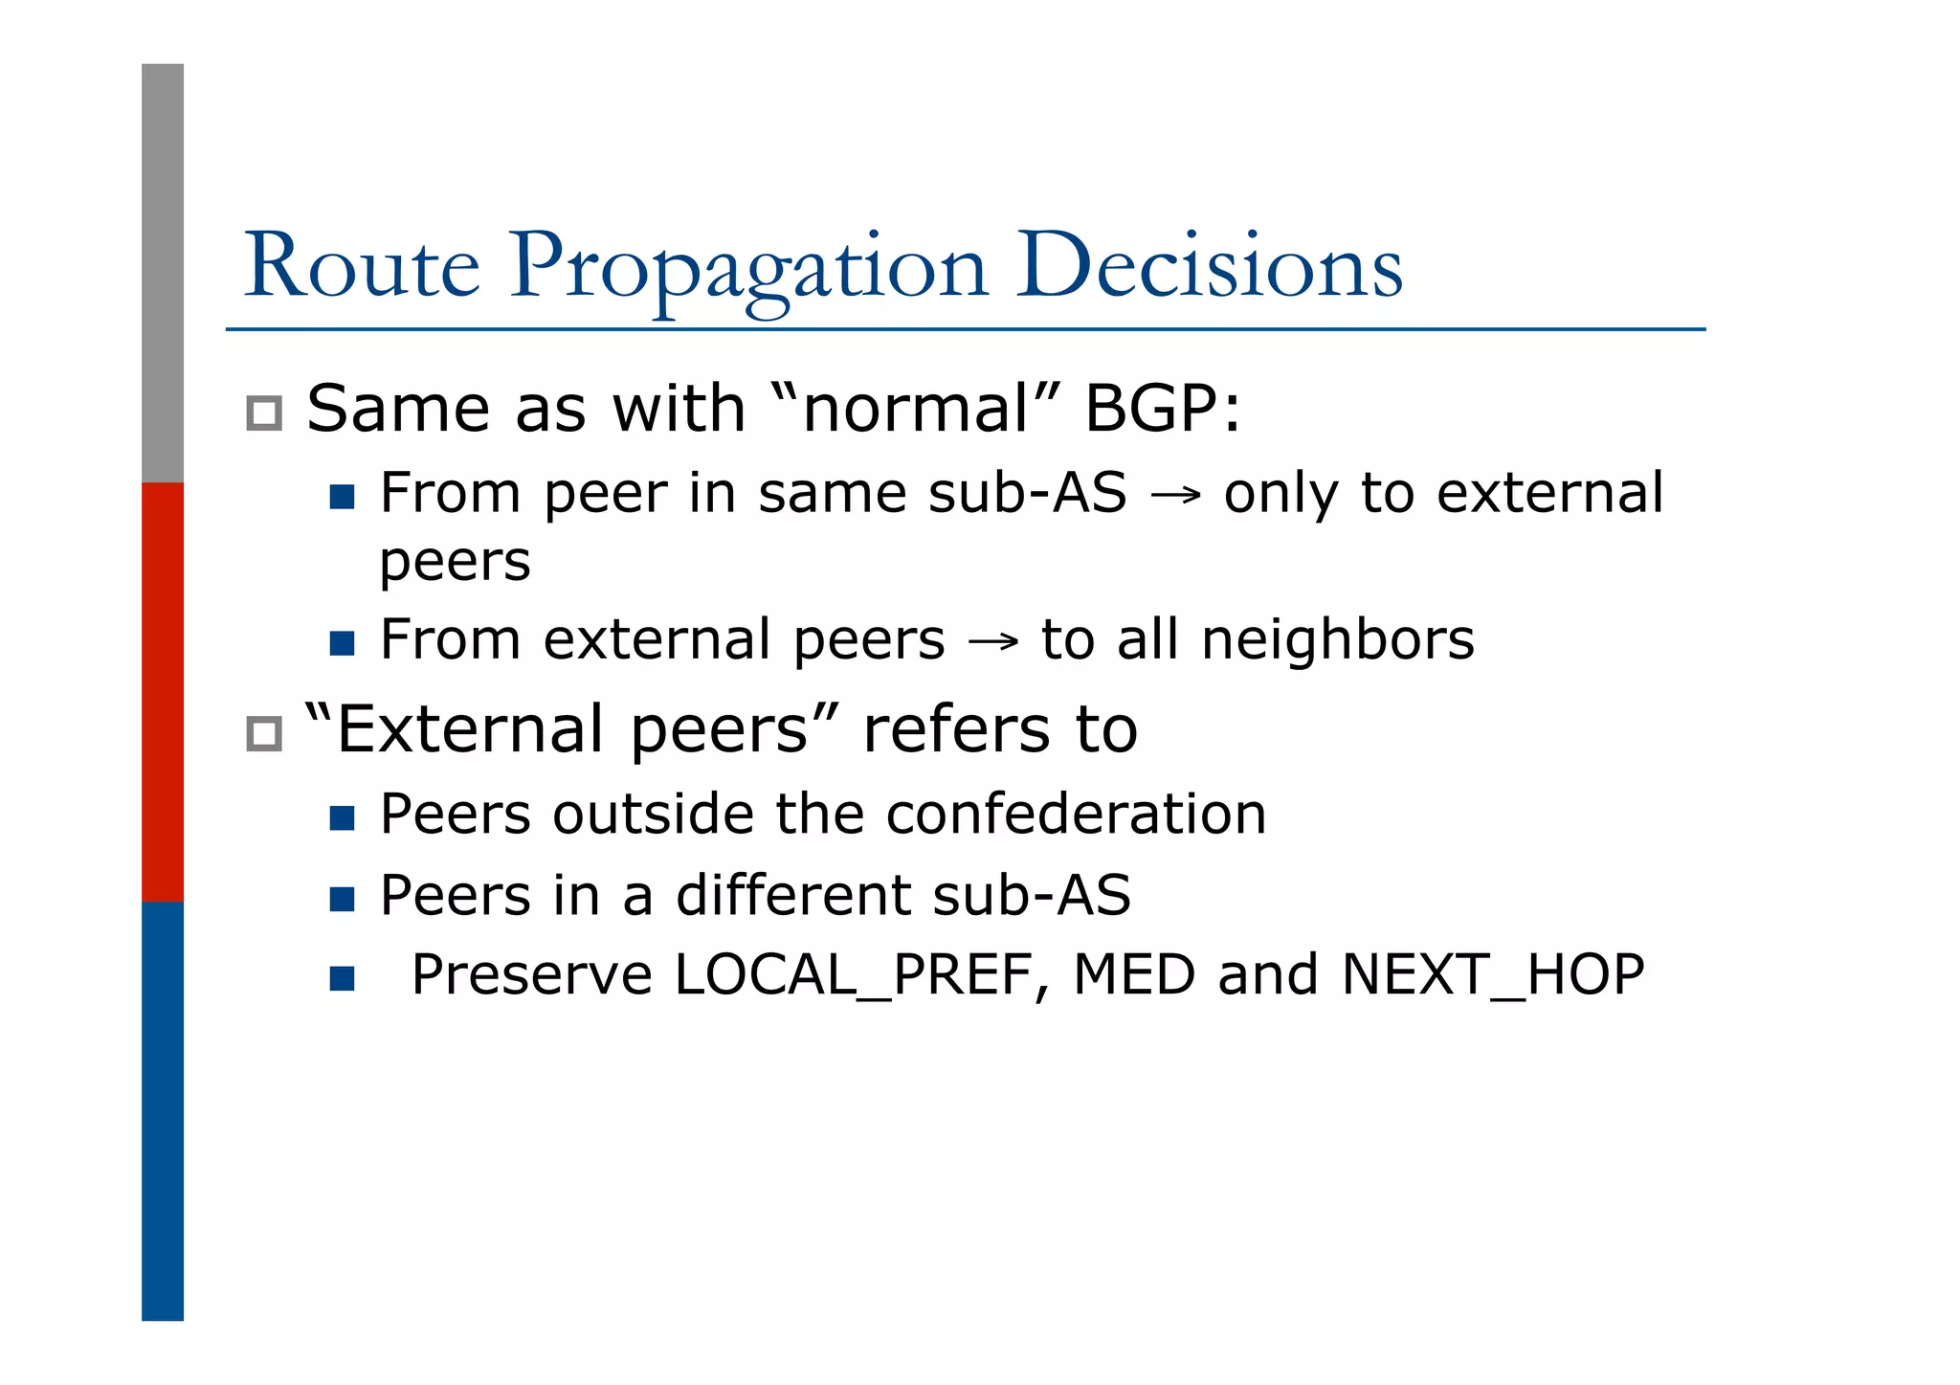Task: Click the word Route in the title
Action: pyautogui.click(x=362, y=266)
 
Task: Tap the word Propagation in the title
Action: pyautogui.click(x=747, y=268)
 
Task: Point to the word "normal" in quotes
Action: pyautogui.click(x=915, y=409)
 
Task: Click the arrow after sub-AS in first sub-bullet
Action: pyautogui.click(x=1175, y=496)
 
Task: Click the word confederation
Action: pyautogui.click(x=1076, y=815)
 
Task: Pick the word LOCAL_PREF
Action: pyautogui.click(x=853, y=975)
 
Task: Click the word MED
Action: pyautogui.click(x=1134, y=974)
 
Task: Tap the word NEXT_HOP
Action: pyautogui.click(x=1493, y=975)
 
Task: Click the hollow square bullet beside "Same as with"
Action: pyautogui.click(x=264, y=413)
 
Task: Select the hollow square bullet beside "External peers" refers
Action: pyautogui.click(x=264, y=734)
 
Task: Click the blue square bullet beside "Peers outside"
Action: pyautogui.click(x=342, y=817)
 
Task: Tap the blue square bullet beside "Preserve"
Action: pyautogui.click(x=342, y=978)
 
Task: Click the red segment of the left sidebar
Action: pyautogui.click(x=163, y=691)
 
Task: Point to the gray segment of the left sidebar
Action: pyautogui.click(x=163, y=273)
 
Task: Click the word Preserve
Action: pyautogui.click(x=531, y=975)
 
